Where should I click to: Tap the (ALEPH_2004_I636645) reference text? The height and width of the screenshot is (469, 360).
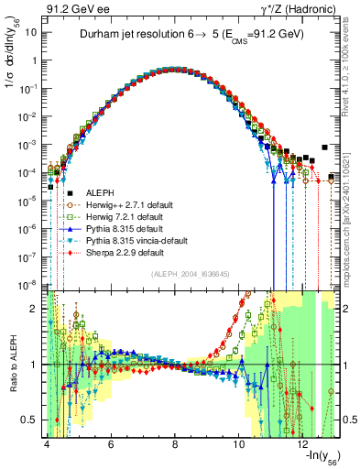[x=191, y=275]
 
